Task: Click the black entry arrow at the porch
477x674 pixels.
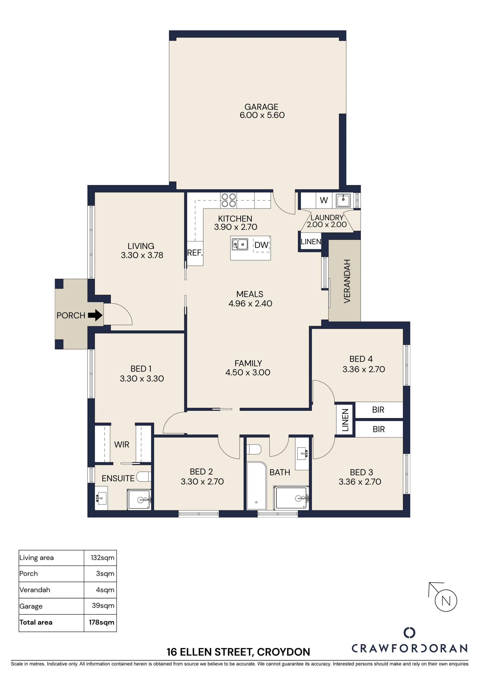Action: pyautogui.click(x=95, y=315)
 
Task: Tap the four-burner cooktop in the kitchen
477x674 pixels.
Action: pyautogui.click(x=229, y=200)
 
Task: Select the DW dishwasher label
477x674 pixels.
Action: pyautogui.click(x=261, y=245)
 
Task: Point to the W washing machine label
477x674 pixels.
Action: pyautogui.click(x=324, y=200)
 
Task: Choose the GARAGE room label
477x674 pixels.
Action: pyautogui.click(x=261, y=106)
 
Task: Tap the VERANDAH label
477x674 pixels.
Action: pyautogui.click(x=347, y=281)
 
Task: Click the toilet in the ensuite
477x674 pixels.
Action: pyautogui.click(x=144, y=476)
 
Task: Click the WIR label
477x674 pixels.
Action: pyautogui.click(x=121, y=444)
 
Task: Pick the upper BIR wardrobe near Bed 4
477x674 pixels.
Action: pyautogui.click(x=379, y=410)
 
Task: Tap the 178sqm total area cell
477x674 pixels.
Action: pyautogui.click(x=101, y=622)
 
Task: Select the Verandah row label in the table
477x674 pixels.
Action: pyautogui.click(x=35, y=590)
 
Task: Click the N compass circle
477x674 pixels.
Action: pyautogui.click(x=446, y=600)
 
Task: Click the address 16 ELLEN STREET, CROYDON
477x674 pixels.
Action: pyautogui.click(x=238, y=652)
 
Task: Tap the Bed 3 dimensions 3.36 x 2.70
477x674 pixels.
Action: pyautogui.click(x=360, y=481)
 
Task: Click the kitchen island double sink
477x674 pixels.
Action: pyautogui.click(x=240, y=244)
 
